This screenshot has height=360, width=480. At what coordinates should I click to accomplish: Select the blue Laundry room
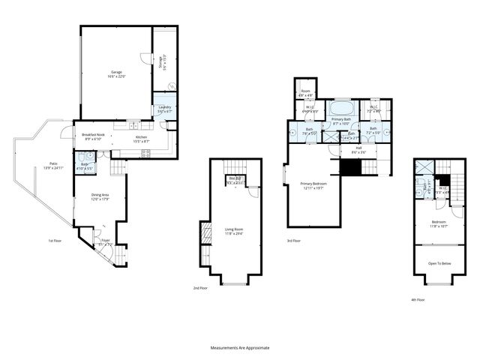click(x=163, y=109)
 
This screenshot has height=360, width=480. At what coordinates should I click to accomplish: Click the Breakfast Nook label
click(x=93, y=136)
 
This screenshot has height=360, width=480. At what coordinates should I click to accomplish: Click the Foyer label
click(x=106, y=241)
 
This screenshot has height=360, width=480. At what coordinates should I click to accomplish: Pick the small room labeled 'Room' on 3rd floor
click(x=306, y=93)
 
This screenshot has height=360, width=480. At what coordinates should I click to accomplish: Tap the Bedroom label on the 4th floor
click(x=439, y=223)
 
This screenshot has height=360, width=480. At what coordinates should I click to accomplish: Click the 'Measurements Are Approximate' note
click(x=239, y=348)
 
